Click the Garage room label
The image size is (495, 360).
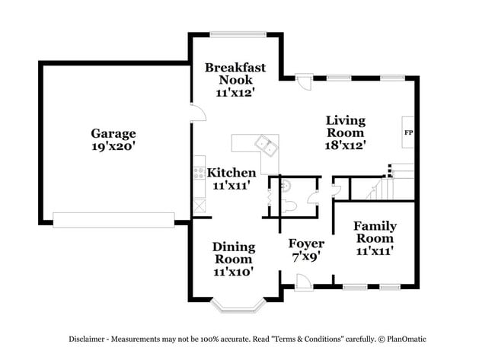(x=113, y=133)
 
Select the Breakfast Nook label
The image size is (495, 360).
(x=235, y=73)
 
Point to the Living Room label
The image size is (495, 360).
(x=346, y=126)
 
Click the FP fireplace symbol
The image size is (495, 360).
(x=408, y=133)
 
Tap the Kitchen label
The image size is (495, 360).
(x=232, y=173)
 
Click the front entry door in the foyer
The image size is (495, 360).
(x=302, y=282)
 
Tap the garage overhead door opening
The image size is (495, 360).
(x=113, y=220)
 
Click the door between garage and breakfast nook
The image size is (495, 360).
(x=196, y=112)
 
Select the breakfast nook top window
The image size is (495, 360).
(x=238, y=33)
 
